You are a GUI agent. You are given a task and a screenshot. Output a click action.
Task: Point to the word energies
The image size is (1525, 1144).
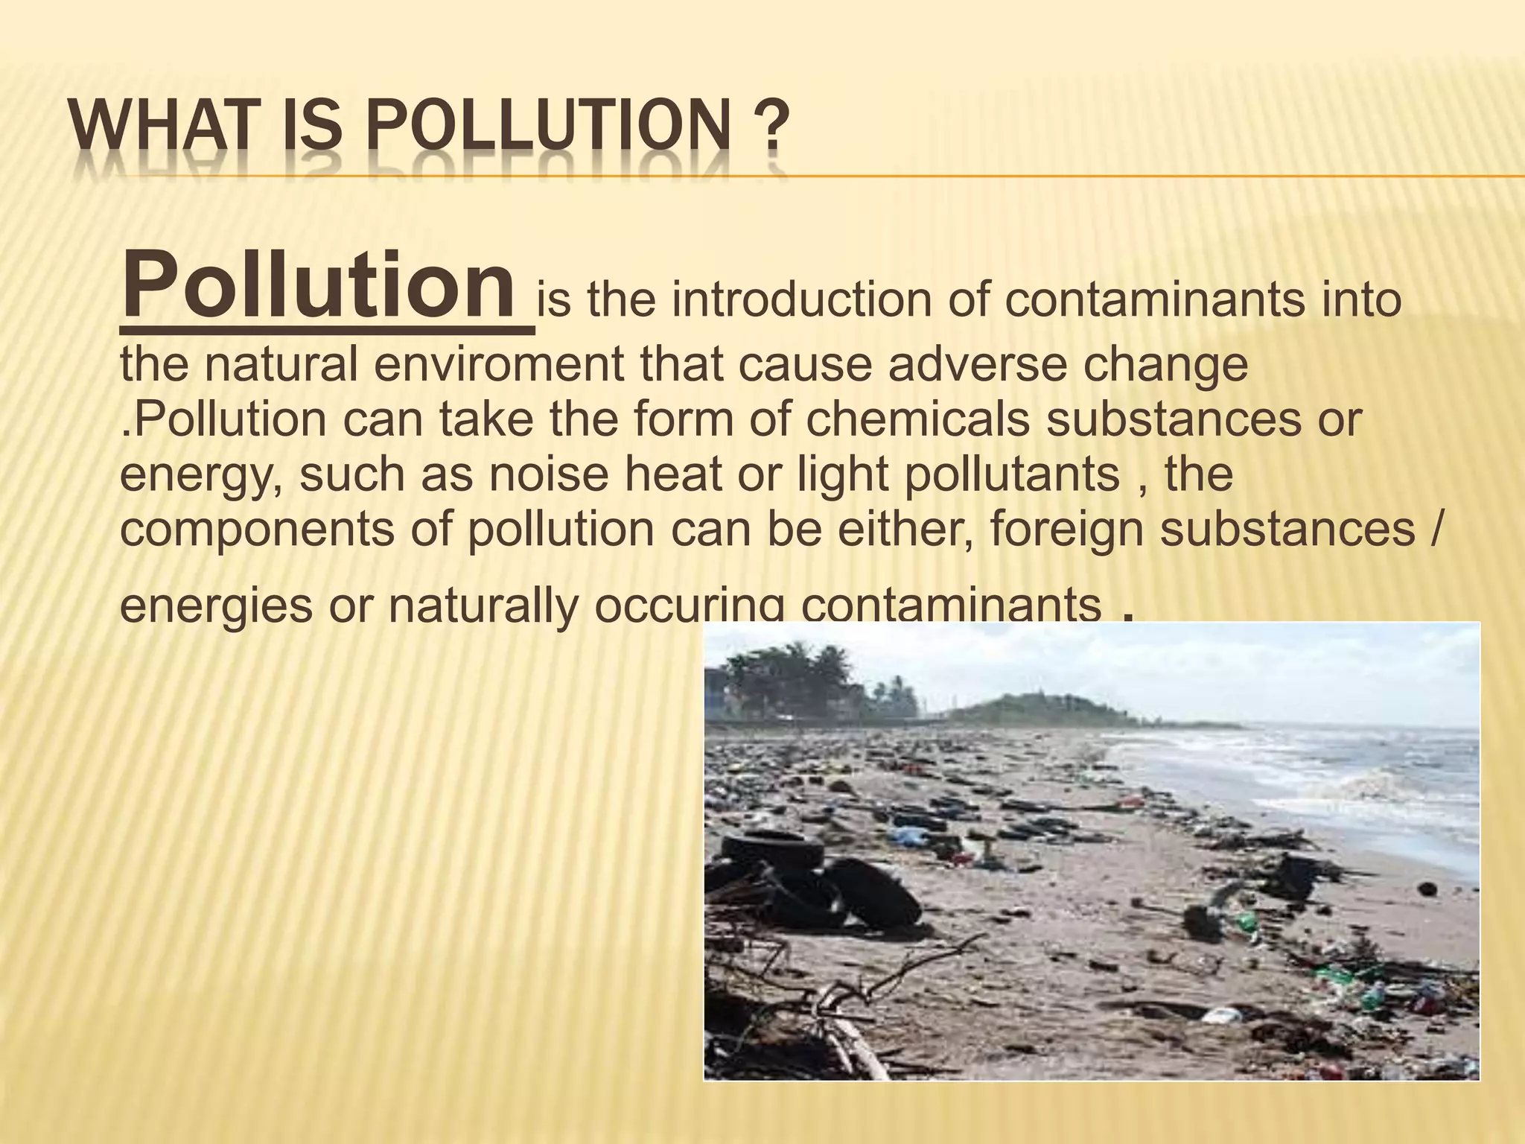216,605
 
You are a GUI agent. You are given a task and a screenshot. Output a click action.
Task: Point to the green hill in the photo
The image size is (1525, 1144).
1042,708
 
